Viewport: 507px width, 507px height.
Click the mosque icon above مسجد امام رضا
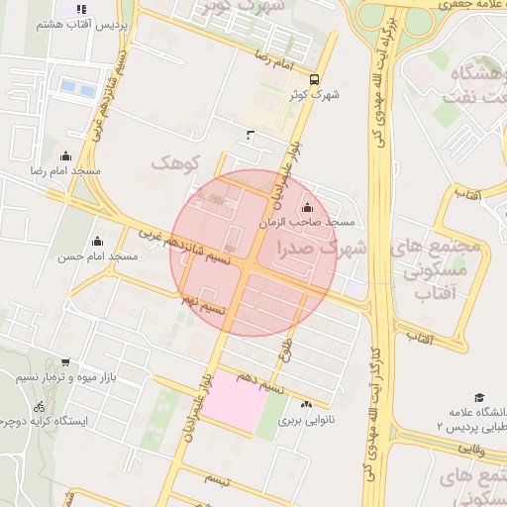(66, 155)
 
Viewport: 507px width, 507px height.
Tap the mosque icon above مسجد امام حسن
(97, 241)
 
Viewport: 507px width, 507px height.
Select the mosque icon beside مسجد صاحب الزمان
(306, 207)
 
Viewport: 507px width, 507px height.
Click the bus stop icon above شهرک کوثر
(314, 80)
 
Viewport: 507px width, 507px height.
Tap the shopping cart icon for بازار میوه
(65, 362)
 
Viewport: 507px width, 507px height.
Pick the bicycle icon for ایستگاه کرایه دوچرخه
(39, 406)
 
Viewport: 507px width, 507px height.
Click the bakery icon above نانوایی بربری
(306, 404)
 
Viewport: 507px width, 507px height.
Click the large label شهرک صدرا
(323, 248)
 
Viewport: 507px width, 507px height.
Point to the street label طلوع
(288, 349)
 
